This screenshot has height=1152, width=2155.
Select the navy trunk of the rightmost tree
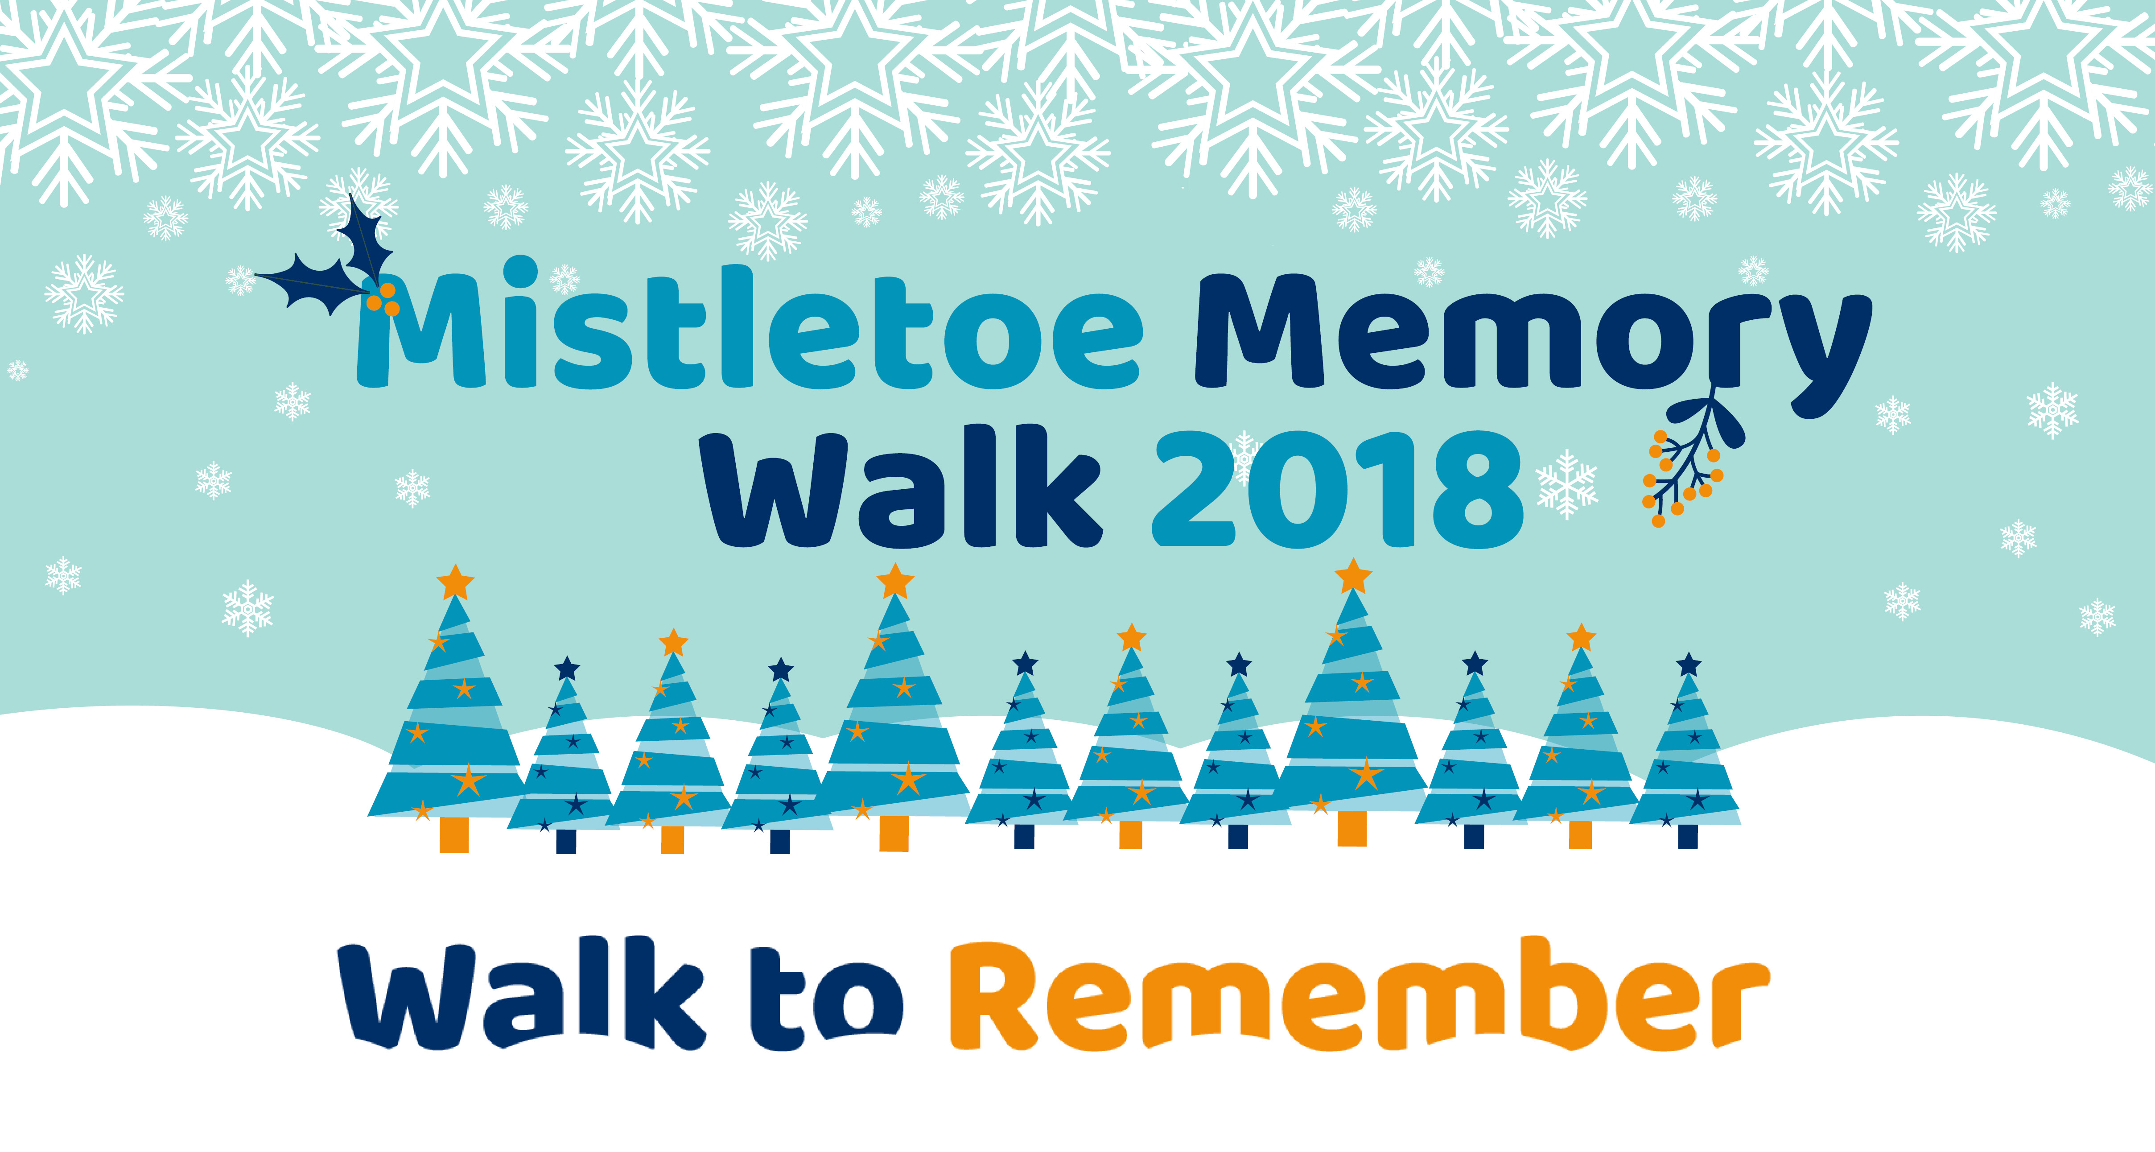[1688, 837]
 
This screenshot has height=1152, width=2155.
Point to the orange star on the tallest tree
[1353, 576]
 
